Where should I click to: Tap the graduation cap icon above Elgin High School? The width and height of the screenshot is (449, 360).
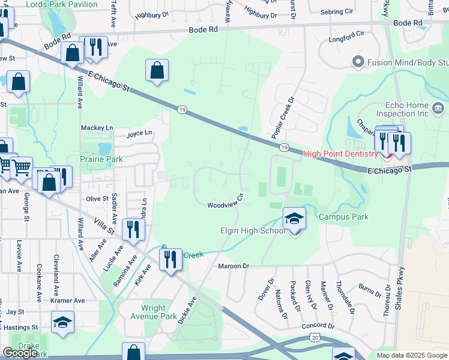[294, 218]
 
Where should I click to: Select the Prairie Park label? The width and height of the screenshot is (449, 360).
[101, 160]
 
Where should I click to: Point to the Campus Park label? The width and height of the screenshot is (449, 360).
[343, 217]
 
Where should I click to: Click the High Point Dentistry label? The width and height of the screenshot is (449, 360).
[341, 154]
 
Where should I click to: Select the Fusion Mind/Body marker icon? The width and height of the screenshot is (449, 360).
[358, 61]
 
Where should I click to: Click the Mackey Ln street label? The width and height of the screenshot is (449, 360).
[97, 128]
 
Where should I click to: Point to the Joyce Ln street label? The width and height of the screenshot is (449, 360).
[139, 133]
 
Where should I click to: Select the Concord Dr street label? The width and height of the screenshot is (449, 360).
[314, 326]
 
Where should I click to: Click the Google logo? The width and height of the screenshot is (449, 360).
[20, 352]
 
